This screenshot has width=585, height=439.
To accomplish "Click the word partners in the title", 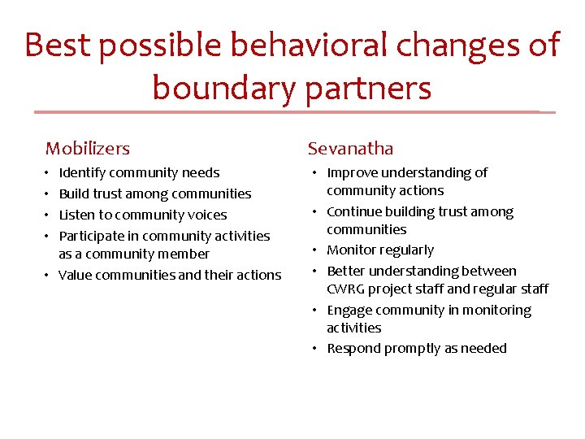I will pyautogui.click(x=368, y=88).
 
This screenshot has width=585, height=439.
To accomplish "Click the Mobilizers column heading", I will pyautogui.click(x=88, y=148).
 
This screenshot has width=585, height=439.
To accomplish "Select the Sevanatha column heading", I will pyautogui.click(x=350, y=148).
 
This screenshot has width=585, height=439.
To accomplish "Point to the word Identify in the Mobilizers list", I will pyautogui.click(x=82, y=172).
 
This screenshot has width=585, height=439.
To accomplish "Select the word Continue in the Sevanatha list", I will pyautogui.click(x=354, y=211).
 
